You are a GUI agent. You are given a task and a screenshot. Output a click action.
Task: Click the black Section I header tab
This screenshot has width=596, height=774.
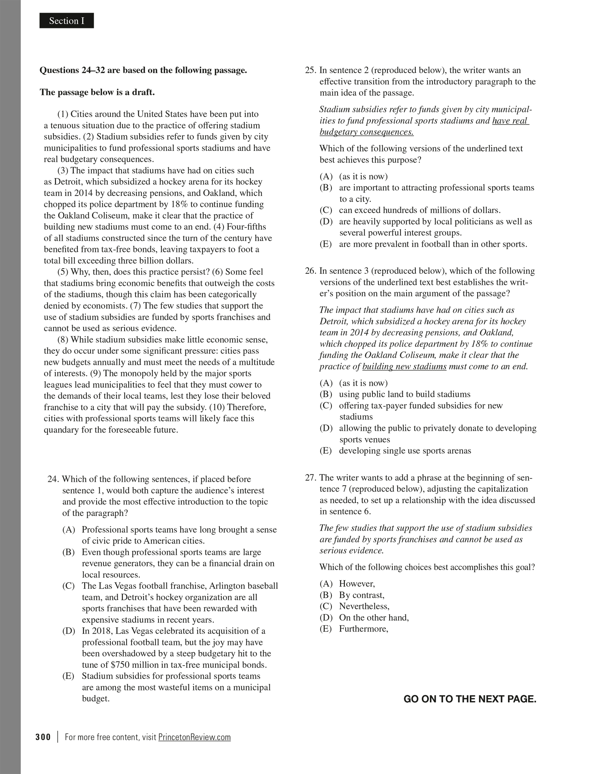pyautogui.click(x=67, y=21)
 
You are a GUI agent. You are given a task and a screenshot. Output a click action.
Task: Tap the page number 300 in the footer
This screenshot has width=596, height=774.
pyautogui.click(x=43, y=737)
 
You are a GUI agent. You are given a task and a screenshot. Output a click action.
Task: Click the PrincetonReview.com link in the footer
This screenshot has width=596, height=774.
pyautogui.click(x=194, y=737)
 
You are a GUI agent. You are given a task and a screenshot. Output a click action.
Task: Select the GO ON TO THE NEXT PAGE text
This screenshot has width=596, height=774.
pyautogui.click(x=470, y=699)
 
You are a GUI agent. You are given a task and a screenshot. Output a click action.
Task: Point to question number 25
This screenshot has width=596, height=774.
pyautogui.click(x=311, y=70)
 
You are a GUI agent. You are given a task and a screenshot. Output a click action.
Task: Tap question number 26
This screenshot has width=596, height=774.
pyautogui.click(x=311, y=271)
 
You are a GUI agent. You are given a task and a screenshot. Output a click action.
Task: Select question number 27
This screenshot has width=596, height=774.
pyautogui.click(x=311, y=478)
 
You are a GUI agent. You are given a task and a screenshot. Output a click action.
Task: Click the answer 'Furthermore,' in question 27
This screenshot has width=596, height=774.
pyautogui.click(x=363, y=629)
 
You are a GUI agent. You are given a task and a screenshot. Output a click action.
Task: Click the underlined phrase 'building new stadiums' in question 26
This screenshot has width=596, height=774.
pyautogui.click(x=404, y=366)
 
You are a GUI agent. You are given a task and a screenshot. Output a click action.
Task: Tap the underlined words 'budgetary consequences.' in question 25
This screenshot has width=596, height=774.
pyautogui.click(x=366, y=132)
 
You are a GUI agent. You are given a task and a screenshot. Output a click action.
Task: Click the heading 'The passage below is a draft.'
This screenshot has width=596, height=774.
pyautogui.click(x=97, y=92)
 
